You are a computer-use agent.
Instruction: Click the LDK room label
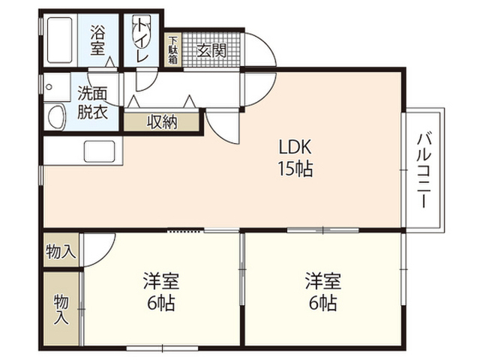point(295,147)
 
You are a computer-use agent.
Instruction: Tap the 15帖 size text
point(295,169)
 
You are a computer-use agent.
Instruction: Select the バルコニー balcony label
point(424,170)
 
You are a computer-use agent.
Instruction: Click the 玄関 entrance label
point(211,50)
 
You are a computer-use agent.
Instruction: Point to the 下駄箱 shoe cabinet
point(173,50)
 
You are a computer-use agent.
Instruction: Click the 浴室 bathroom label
point(97,40)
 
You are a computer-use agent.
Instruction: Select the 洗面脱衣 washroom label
point(92,103)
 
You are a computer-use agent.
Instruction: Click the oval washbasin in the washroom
point(57,117)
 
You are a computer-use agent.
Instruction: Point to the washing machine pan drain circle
point(49,87)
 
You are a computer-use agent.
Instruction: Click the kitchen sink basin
point(100,151)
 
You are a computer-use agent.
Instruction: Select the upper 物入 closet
point(61,250)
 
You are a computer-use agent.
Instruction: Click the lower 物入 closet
point(61,308)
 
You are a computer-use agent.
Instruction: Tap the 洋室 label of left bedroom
point(161,280)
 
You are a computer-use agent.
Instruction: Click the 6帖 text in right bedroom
point(323,303)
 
